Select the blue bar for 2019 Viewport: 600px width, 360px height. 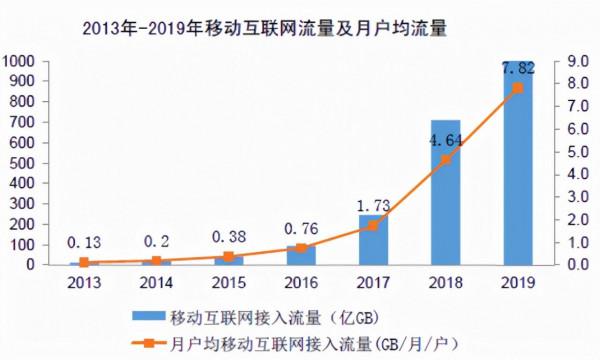click(518, 170)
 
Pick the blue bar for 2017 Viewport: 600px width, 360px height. click(373, 240)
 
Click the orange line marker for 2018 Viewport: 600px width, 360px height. click(446, 159)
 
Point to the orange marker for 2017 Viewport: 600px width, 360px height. click(373, 226)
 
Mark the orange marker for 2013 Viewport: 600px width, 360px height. click(83, 262)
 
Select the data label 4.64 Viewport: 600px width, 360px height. click(446, 140)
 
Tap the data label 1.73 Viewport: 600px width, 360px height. click(373, 206)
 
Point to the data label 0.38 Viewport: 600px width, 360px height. click(228, 237)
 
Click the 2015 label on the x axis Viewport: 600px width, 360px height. click(228, 283)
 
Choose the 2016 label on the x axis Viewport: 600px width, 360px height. click(300, 283)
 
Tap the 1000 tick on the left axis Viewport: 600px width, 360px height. click(21, 61)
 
